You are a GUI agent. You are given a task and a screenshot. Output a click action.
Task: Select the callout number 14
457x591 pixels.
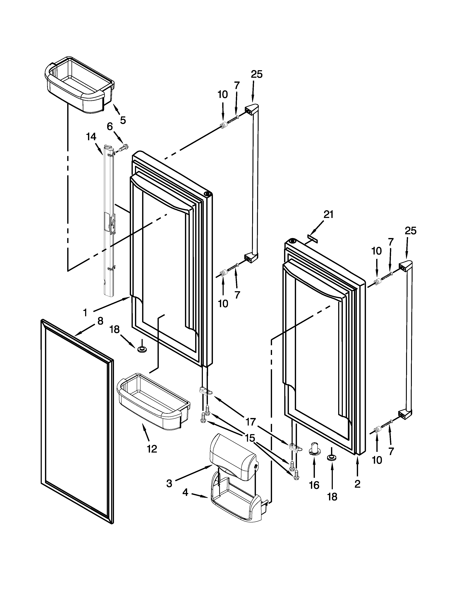pyautogui.click(x=91, y=137)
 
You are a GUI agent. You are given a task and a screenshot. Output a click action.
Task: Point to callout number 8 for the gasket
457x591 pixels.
pyautogui.click(x=100, y=321)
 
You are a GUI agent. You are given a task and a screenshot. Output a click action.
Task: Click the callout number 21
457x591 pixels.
pyautogui.click(x=328, y=215)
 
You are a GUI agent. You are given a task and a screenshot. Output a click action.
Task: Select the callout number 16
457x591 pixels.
pyautogui.click(x=314, y=485)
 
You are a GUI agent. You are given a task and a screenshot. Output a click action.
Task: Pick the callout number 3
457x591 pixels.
pyautogui.click(x=169, y=483)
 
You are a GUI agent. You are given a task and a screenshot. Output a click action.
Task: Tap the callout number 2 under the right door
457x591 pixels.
pyautogui.click(x=357, y=484)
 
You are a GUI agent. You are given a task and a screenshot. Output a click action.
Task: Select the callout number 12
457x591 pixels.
pyautogui.click(x=152, y=449)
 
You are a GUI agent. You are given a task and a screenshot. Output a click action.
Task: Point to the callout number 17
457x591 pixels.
pyautogui.click(x=251, y=421)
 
